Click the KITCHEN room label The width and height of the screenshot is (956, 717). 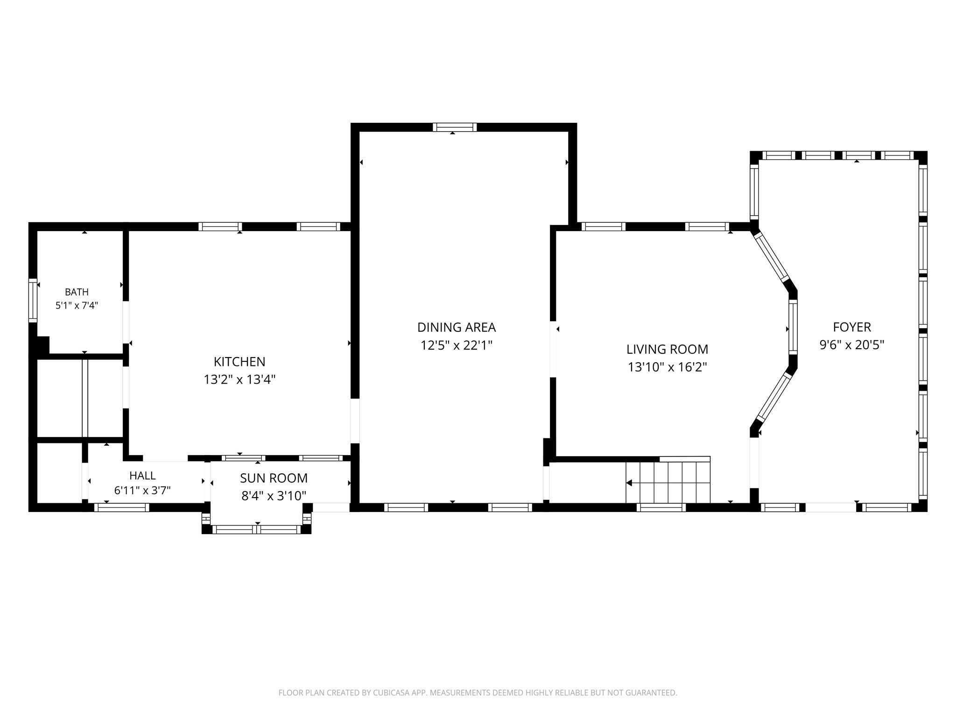coord(239,362)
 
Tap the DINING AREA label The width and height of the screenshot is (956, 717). coord(457,327)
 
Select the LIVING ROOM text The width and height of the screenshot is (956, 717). coord(667,349)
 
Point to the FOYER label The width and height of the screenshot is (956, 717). coord(852,327)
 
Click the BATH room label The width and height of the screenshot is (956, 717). coord(77,292)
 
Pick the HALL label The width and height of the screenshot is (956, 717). coord(142,476)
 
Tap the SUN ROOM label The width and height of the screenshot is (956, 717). coord(274,478)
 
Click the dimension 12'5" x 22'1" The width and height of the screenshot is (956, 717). coord(457,345)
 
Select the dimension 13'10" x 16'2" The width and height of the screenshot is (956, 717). coord(667,367)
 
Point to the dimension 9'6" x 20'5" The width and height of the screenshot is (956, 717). coord(852,345)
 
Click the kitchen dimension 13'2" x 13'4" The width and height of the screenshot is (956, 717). coord(239,380)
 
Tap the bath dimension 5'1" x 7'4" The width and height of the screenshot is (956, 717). coord(77,306)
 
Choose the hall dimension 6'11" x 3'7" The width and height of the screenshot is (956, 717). coord(142,490)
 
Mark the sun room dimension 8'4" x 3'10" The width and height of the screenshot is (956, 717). coord(274,496)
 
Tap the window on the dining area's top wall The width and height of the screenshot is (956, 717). coord(455,127)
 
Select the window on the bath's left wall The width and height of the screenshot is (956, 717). coord(33,300)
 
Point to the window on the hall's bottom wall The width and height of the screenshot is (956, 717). coord(122,507)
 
